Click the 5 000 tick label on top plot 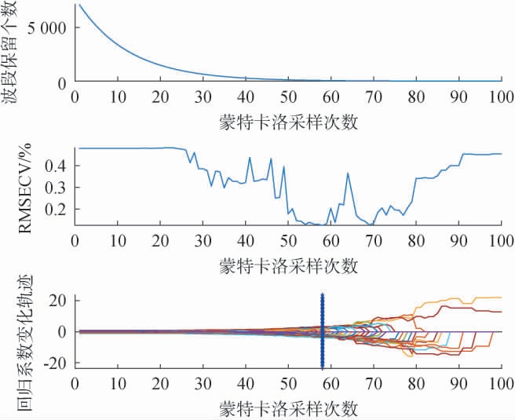(47, 27)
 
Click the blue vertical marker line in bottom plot (322, 330)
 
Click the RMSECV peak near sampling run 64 (348, 173)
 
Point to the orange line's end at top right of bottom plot (500, 298)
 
